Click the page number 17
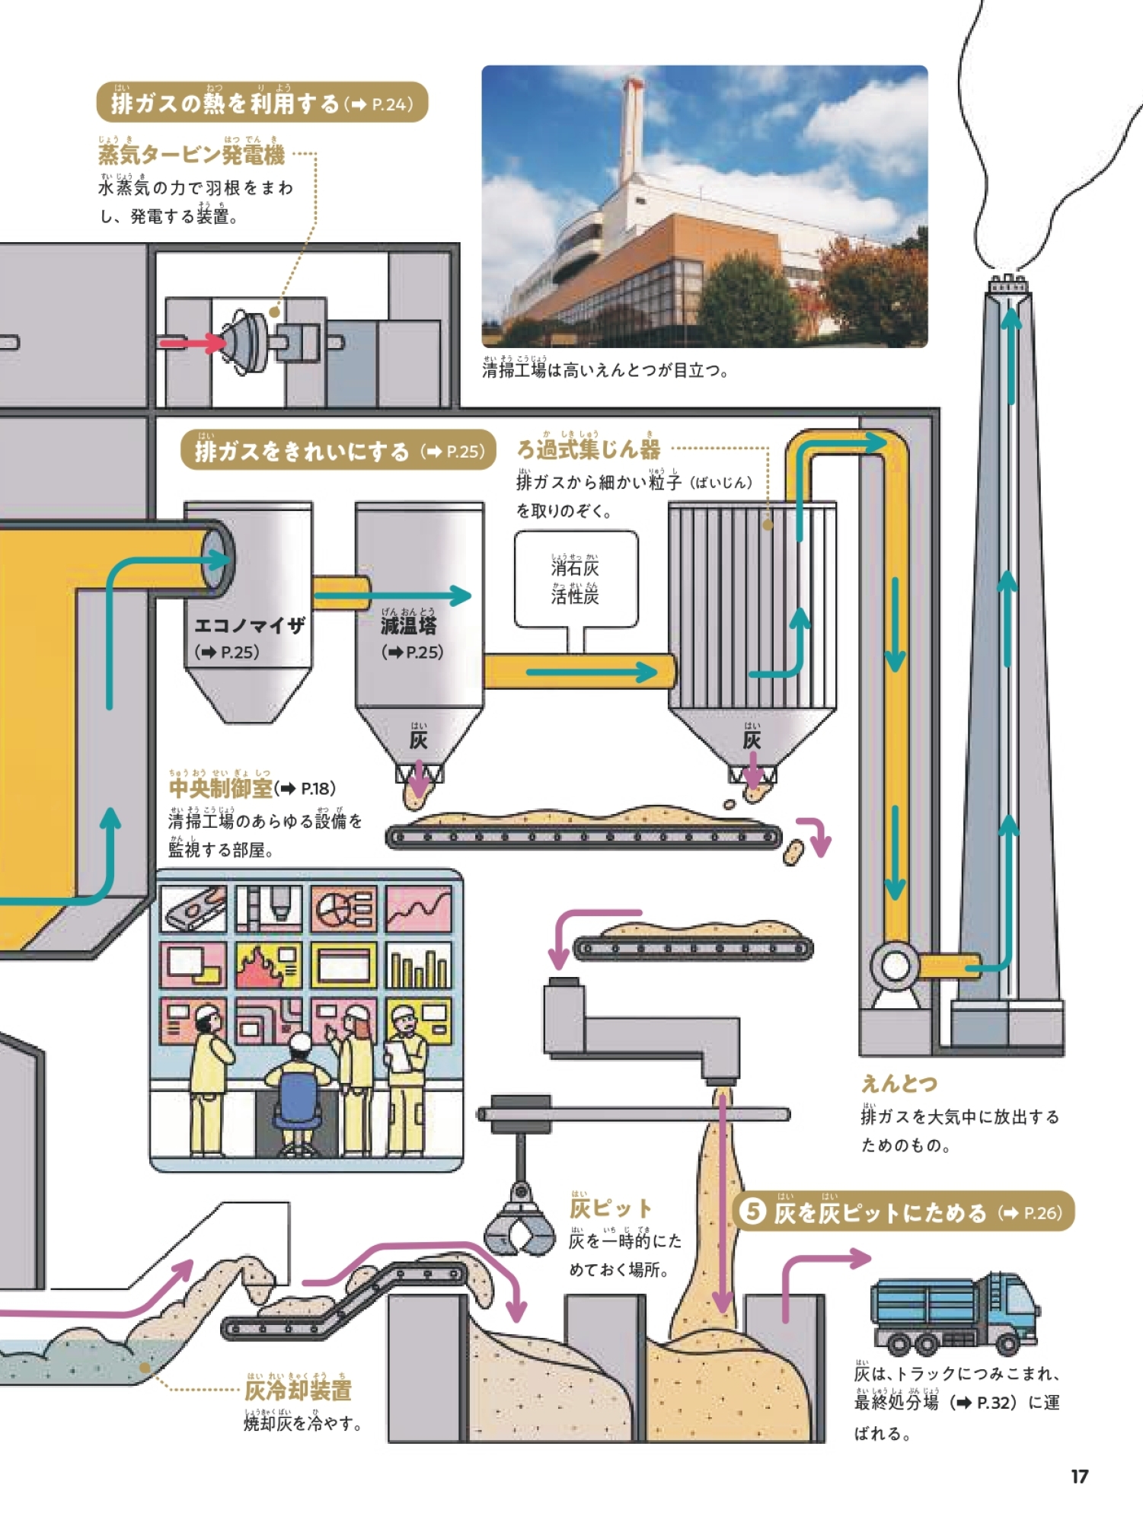[x=1079, y=1477]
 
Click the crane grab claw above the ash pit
[x=520, y=1224]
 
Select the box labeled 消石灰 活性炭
[x=576, y=580]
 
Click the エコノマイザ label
[x=249, y=626]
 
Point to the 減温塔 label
[x=409, y=626]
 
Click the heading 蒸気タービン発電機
[x=191, y=155]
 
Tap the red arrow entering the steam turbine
[x=190, y=343]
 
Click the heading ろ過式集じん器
[x=589, y=449]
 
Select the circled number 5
[x=752, y=1212]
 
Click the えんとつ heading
[x=899, y=1083]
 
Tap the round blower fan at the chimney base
[x=896, y=966]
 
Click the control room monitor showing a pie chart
[x=343, y=908]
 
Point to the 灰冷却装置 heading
[x=298, y=1390]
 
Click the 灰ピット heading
[x=611, y=1209]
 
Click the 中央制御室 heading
[x=220, y=788]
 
